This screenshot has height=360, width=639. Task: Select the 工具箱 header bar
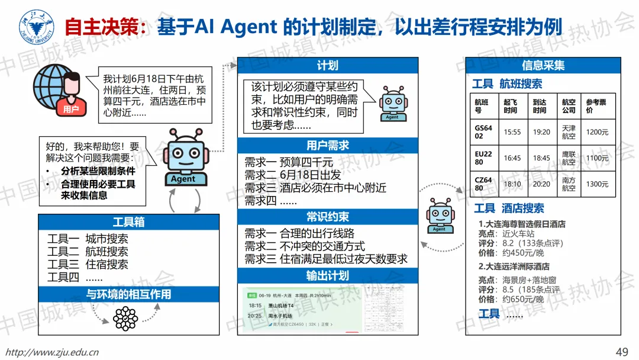[x=129, y=222]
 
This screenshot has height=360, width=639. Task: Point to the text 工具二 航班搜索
[x=88, y=252]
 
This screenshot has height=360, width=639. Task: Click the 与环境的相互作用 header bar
[x=129, y=294]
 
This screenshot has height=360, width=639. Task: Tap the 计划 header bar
[x=328, y=65]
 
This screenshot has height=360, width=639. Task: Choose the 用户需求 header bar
[x=328, y=145]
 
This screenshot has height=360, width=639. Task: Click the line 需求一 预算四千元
[x=289, y=162]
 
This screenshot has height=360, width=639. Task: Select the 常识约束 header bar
[x=328, y=216]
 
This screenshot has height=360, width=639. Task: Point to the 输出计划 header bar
[x=328, y=276]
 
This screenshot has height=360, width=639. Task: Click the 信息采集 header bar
[x=543, y=65]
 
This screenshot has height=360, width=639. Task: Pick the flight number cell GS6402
[x=483, y=132]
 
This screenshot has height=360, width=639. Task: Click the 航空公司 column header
[x=569, y=106]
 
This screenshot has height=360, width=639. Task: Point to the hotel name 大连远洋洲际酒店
[x=517, y=266]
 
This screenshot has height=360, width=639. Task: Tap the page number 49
[x=622, y=352]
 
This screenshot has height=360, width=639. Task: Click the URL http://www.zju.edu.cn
[x=53, y=352]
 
